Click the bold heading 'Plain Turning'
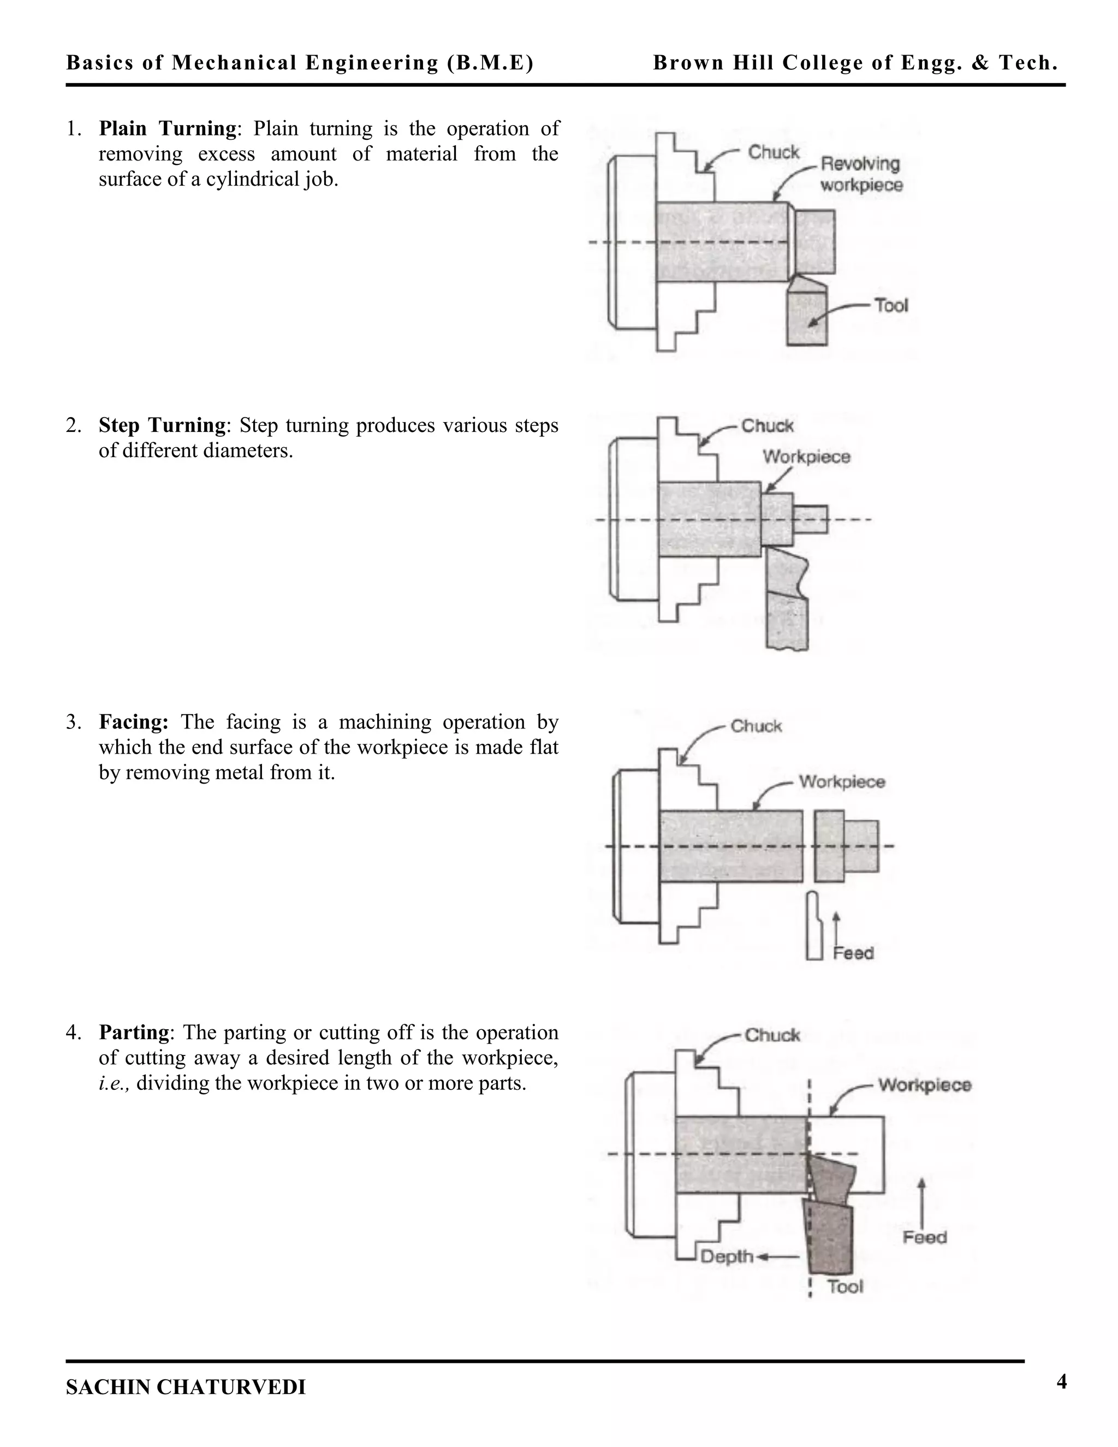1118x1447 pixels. click(x=167, y=128)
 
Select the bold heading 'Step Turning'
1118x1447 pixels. click(x=162, y=425)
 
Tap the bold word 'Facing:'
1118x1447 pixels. click(x=134, y=721)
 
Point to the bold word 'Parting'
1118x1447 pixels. click(x=134, y=1032)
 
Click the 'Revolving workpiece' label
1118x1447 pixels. click(x=861, y=174)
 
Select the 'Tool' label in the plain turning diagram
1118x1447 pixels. click(x=891, y=305)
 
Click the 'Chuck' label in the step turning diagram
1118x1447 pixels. click(x=767, y=426)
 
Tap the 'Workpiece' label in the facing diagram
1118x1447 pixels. click(x=842, y=782)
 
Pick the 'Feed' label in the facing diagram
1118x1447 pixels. click(x=853, y=953)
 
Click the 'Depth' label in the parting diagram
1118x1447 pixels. click(x=727, y=1257)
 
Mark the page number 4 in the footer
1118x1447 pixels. click(x=1062, y=1382)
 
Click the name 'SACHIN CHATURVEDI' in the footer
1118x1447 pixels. click(x=186, y=1387)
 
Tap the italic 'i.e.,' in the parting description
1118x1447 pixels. click(x=114, y=1083)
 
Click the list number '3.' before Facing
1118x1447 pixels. click(x=74, y=721)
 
